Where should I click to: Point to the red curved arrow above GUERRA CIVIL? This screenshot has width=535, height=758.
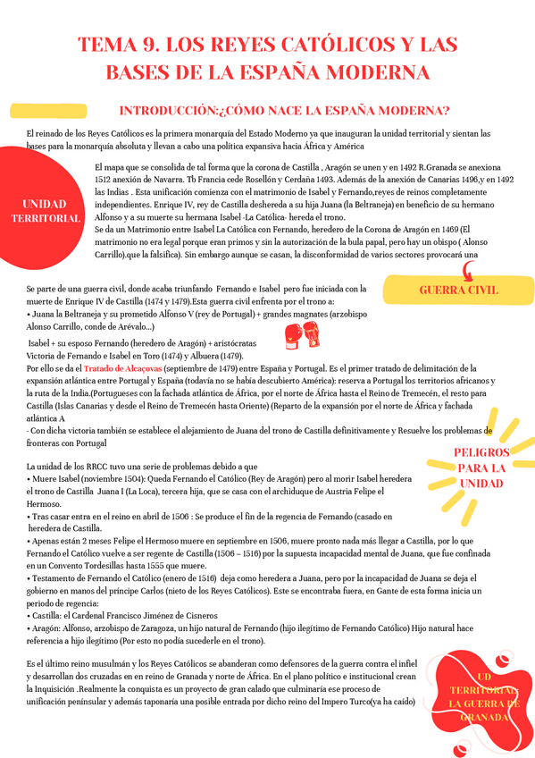(x=467, y=271)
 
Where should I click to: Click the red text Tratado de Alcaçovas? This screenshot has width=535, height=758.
(x=123, y=368)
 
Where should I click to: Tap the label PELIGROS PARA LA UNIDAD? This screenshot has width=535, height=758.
(x=481, y=467)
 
